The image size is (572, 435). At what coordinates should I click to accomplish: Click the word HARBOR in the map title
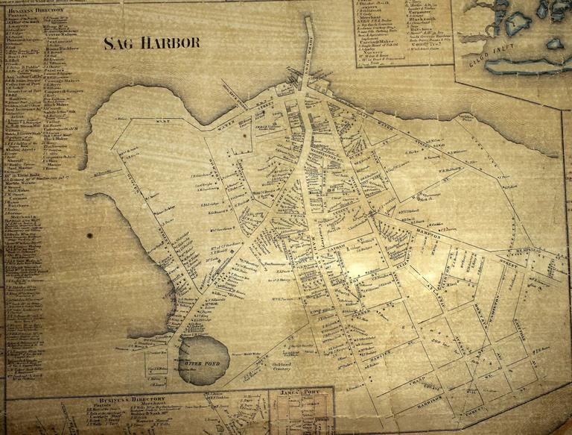point(174,43)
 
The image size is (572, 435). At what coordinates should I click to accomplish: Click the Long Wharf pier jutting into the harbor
point(307,52)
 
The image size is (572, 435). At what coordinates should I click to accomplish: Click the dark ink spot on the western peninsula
point(90,235)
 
